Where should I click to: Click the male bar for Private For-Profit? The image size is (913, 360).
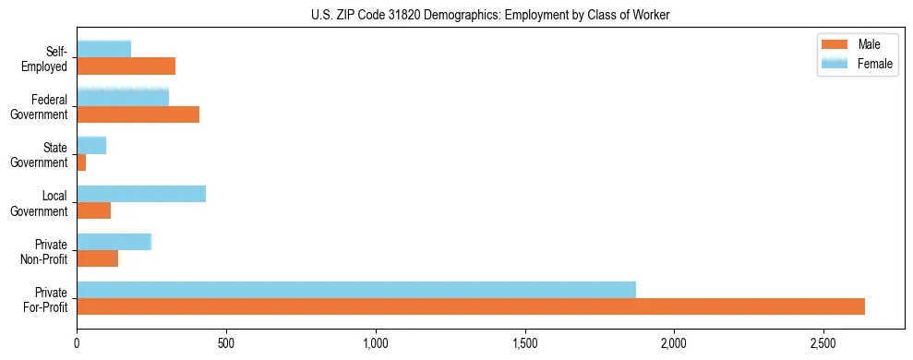coord(471,306)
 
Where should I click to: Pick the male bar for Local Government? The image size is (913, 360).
coord(93,210)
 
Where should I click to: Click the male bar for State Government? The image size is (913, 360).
coord(81,162)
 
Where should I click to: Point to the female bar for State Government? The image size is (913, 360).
coord(91,145)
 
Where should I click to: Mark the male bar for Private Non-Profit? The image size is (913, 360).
coord(97,258)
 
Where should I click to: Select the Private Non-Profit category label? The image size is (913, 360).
coord(50,251)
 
